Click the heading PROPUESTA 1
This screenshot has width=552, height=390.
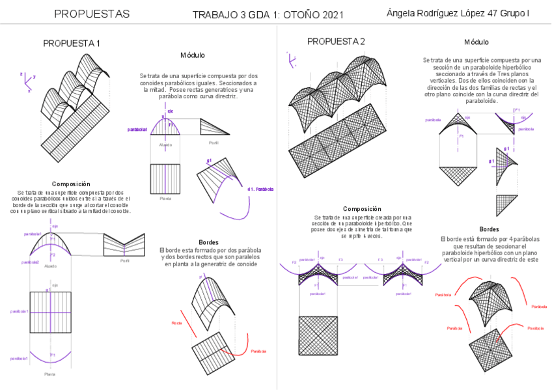point(72,44)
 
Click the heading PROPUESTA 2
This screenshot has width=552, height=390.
point(336,42)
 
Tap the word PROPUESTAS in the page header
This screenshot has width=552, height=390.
point(92,14)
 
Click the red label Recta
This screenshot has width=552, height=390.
point(176,323)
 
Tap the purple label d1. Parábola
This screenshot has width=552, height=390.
point(260,189)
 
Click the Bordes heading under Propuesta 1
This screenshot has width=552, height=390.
point(208,242)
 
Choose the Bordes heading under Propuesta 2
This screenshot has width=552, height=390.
point(489,229)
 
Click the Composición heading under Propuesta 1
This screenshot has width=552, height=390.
point(71,184)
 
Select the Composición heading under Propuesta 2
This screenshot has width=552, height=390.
point(362,208)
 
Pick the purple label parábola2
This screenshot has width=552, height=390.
point(30,262)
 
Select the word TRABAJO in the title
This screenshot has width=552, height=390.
point(215,15)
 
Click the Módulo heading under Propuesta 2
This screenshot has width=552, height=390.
point(476,42)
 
